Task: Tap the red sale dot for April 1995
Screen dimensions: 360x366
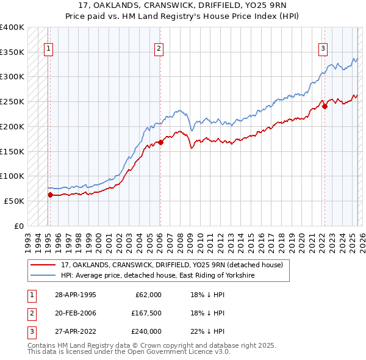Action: (x=50, y=195)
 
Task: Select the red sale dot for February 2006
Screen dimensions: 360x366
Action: (x=160, y=142)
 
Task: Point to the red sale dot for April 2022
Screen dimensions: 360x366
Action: (x=325, y=106)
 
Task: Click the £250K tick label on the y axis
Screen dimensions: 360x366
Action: (x=12, y=102)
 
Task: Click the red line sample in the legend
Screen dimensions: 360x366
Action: (x=43, y=265)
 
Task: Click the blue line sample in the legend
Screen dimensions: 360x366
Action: (x=43, y=276)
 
